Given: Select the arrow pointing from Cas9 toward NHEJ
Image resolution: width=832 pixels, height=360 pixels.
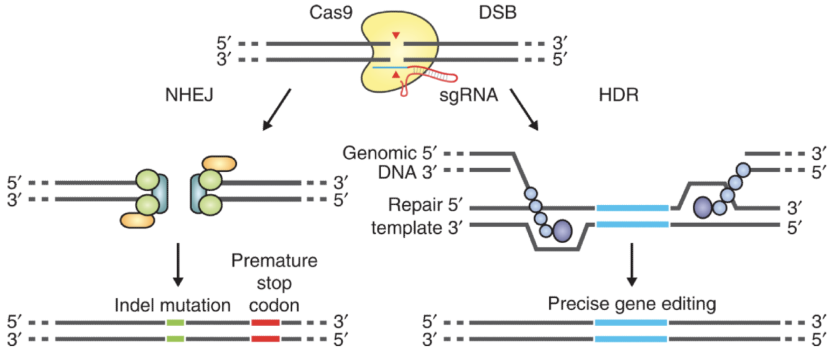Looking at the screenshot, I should point(276,109).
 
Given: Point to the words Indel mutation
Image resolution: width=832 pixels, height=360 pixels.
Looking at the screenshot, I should point(173,305).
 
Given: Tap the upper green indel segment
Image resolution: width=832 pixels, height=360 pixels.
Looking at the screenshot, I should point(176,323).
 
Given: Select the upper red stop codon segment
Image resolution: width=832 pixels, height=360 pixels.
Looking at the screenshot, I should point(265,323).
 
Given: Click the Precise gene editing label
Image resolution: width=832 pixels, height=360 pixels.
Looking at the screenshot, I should point(632,305).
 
